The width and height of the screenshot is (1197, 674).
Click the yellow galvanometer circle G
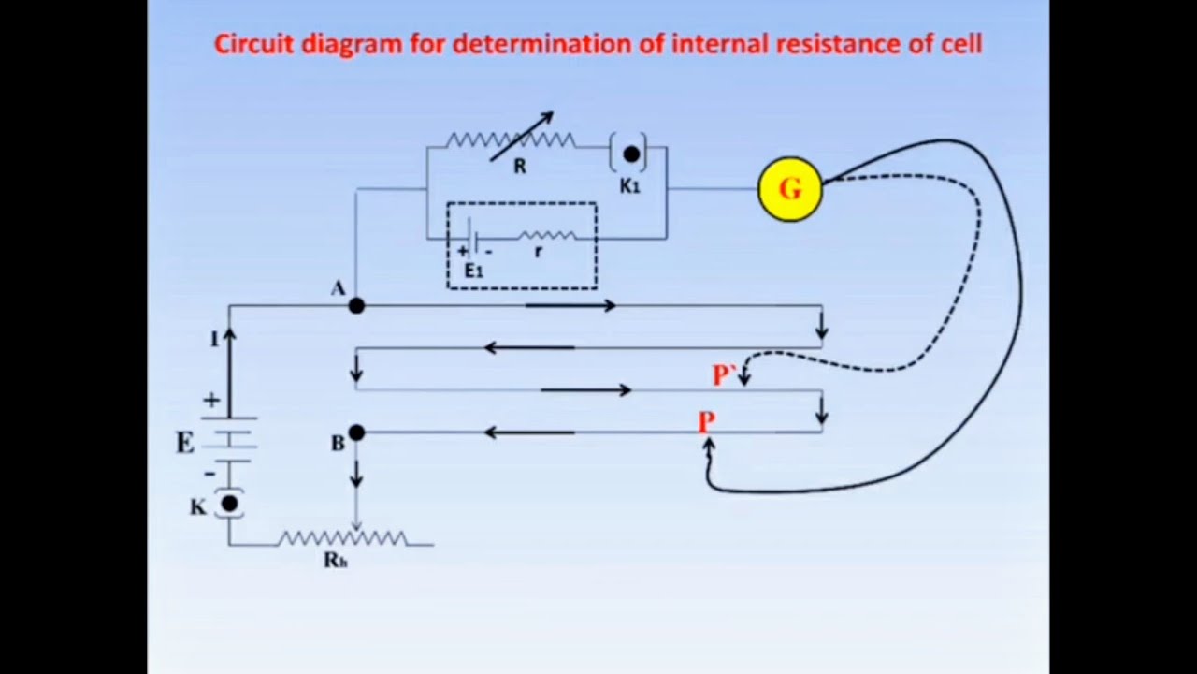click(x=790, y=189)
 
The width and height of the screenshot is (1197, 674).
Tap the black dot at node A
click(x=356, y=306)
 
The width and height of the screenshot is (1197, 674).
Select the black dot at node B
click(x=356, y=432)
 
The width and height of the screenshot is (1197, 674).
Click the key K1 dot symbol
click(x=631, y=154)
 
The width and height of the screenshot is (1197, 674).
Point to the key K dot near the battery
click(x=230, y=504)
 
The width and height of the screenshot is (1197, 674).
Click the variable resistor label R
click(x=519, y=167)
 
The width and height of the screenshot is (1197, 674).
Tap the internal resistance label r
click(x=538, y=252)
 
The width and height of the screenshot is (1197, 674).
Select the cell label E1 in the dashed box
click(x=473, y=271)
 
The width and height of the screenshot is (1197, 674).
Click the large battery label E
click(x=185, y=443)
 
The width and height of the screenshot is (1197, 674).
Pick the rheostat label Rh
click(x=336, y=560)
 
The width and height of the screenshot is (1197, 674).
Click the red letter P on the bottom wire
click(x=706, y=422)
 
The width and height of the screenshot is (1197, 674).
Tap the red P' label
click(x=724, y=375)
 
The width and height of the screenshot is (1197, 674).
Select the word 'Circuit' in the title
click(x=254, y=44)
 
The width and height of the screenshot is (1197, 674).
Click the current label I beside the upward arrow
click(x=214, y=339)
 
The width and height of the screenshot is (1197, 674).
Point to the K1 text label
click(x=629, y=186)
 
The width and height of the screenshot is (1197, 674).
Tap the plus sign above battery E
click(x=211, y=400)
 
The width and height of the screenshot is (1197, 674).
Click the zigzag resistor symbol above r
click(x=547, y=235)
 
